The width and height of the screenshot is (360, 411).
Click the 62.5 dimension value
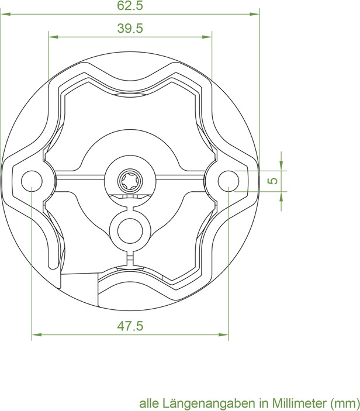point(130,5)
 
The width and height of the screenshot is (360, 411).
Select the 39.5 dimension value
point(130,28)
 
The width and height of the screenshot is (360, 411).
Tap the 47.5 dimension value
point(130,326)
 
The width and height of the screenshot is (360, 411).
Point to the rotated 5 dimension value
point(273,181)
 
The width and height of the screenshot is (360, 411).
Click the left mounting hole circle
point(32,181)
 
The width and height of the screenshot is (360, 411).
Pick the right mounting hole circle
point(229,181)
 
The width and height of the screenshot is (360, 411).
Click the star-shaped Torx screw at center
point(130,181)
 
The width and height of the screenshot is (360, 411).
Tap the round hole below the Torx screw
point(130,231)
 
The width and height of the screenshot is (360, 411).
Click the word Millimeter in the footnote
point(300,403)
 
